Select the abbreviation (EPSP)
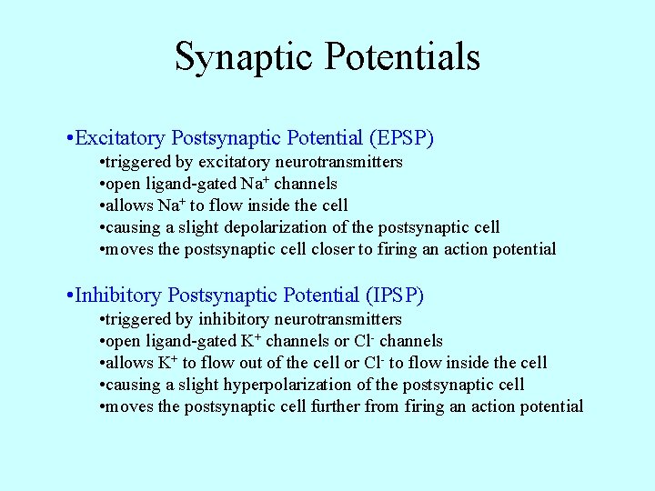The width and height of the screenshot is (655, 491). (401, 138)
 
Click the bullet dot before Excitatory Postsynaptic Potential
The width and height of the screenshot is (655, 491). (70, 139)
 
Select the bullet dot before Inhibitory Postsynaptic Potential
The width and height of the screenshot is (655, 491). (70, 296)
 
